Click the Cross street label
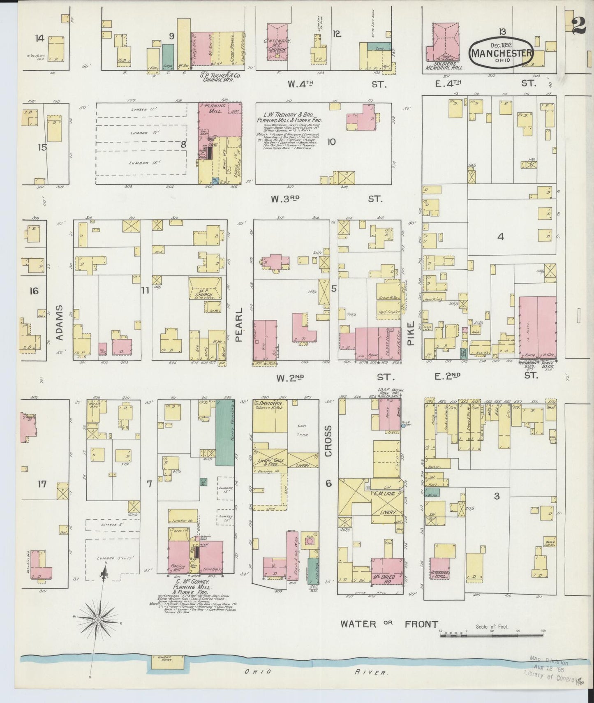tap(328, 441)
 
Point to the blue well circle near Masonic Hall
tap(403, 426)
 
